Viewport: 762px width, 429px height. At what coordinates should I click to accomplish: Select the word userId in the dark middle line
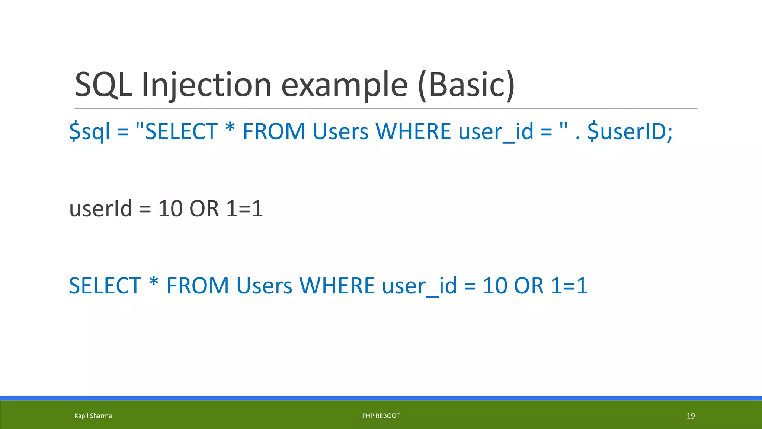(x=101, y=208)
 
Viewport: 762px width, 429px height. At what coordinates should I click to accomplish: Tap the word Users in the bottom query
(x=264, y=286)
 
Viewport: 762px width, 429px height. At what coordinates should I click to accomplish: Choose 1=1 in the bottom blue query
(x=569, y=286)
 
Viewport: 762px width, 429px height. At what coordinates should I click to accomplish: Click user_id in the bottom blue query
(x=419, y=286)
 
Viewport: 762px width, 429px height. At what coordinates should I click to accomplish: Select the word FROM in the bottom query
(x=198, y=286)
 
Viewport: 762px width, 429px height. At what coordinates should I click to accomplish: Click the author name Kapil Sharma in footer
(x=93, y=416)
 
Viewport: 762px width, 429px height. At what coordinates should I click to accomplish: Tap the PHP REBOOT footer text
(x=381, y=416)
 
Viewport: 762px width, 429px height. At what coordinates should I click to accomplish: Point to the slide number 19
(x=691, y=416)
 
